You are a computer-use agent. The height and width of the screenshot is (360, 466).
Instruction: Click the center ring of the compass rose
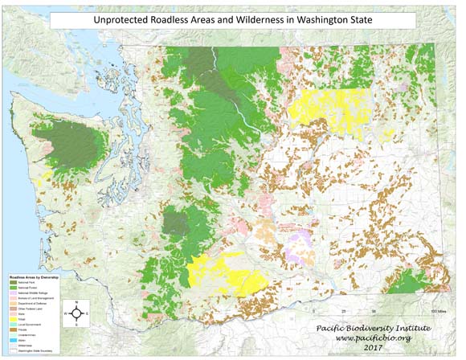(x=76, y=312)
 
